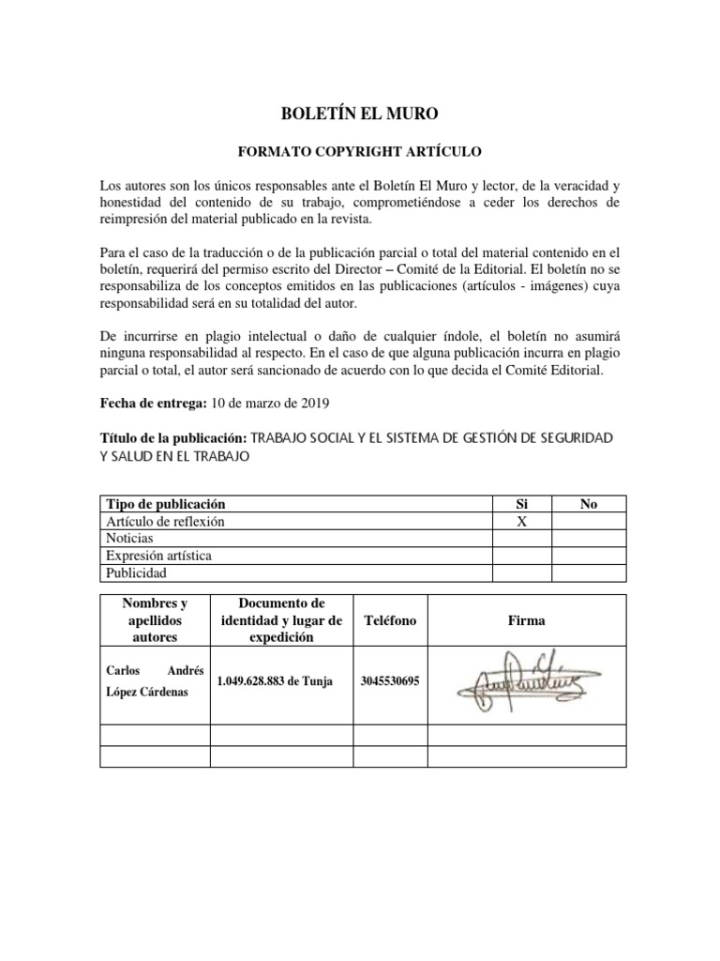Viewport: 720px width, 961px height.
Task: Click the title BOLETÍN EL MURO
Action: pos(360,114)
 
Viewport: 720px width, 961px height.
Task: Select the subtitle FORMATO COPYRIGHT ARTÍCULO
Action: pos(360,150)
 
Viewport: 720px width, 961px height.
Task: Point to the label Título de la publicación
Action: pos(172,438)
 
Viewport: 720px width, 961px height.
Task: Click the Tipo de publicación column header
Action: pos(164,504)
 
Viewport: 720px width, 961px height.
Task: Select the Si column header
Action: pos(522,504)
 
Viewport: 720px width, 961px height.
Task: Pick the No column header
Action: pos(589,504)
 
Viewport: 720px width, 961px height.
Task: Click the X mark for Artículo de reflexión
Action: pos(522,521)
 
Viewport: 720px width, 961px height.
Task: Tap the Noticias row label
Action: pos(128,539)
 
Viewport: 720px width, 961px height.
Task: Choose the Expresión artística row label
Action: pos(157,556)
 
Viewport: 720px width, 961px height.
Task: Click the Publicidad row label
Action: pos(135,572)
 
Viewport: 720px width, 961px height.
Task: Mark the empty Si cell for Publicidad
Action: pos(522,572)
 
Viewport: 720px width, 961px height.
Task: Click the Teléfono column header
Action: pos(389,620)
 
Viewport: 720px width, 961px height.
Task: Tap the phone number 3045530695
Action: pos(389,682)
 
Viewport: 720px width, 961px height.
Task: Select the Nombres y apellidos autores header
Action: pos(154,620)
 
